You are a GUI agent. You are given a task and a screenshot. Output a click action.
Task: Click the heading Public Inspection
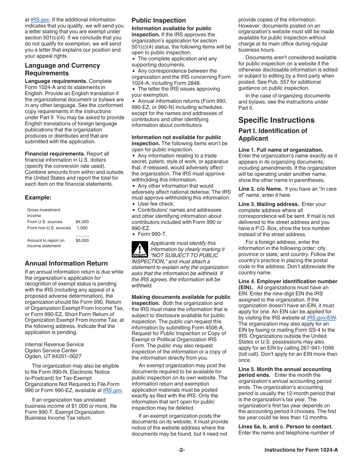pos(159,21)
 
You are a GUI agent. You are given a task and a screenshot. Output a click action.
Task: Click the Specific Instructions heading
pos(276,120)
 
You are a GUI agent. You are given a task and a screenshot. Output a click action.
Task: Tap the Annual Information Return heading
pos(66,263)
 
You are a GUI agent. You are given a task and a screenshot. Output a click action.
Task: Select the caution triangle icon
pos(139,249)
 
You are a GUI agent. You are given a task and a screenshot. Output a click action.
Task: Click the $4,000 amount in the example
pos(82,222)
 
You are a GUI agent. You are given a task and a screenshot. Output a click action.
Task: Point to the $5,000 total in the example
pos(82,240)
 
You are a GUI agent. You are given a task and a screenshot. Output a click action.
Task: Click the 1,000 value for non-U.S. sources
pos(82,228)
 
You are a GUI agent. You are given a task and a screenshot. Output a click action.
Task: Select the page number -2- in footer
pos(181,450)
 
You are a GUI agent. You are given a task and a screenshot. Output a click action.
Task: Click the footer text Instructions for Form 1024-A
pos(301,450)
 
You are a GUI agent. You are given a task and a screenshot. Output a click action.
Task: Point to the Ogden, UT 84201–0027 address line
pos(53,356)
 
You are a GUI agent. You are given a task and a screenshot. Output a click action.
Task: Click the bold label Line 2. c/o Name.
pos(260,189)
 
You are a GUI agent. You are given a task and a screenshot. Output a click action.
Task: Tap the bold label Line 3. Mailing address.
pos(269,204)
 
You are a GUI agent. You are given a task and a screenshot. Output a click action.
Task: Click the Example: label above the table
pos(38,198)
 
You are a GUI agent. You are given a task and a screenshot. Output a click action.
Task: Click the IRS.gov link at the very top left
pos(40,19)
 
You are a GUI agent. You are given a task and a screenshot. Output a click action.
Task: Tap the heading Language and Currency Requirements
pos(62,69)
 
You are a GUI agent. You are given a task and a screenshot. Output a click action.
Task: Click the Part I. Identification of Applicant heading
pos(272,135)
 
